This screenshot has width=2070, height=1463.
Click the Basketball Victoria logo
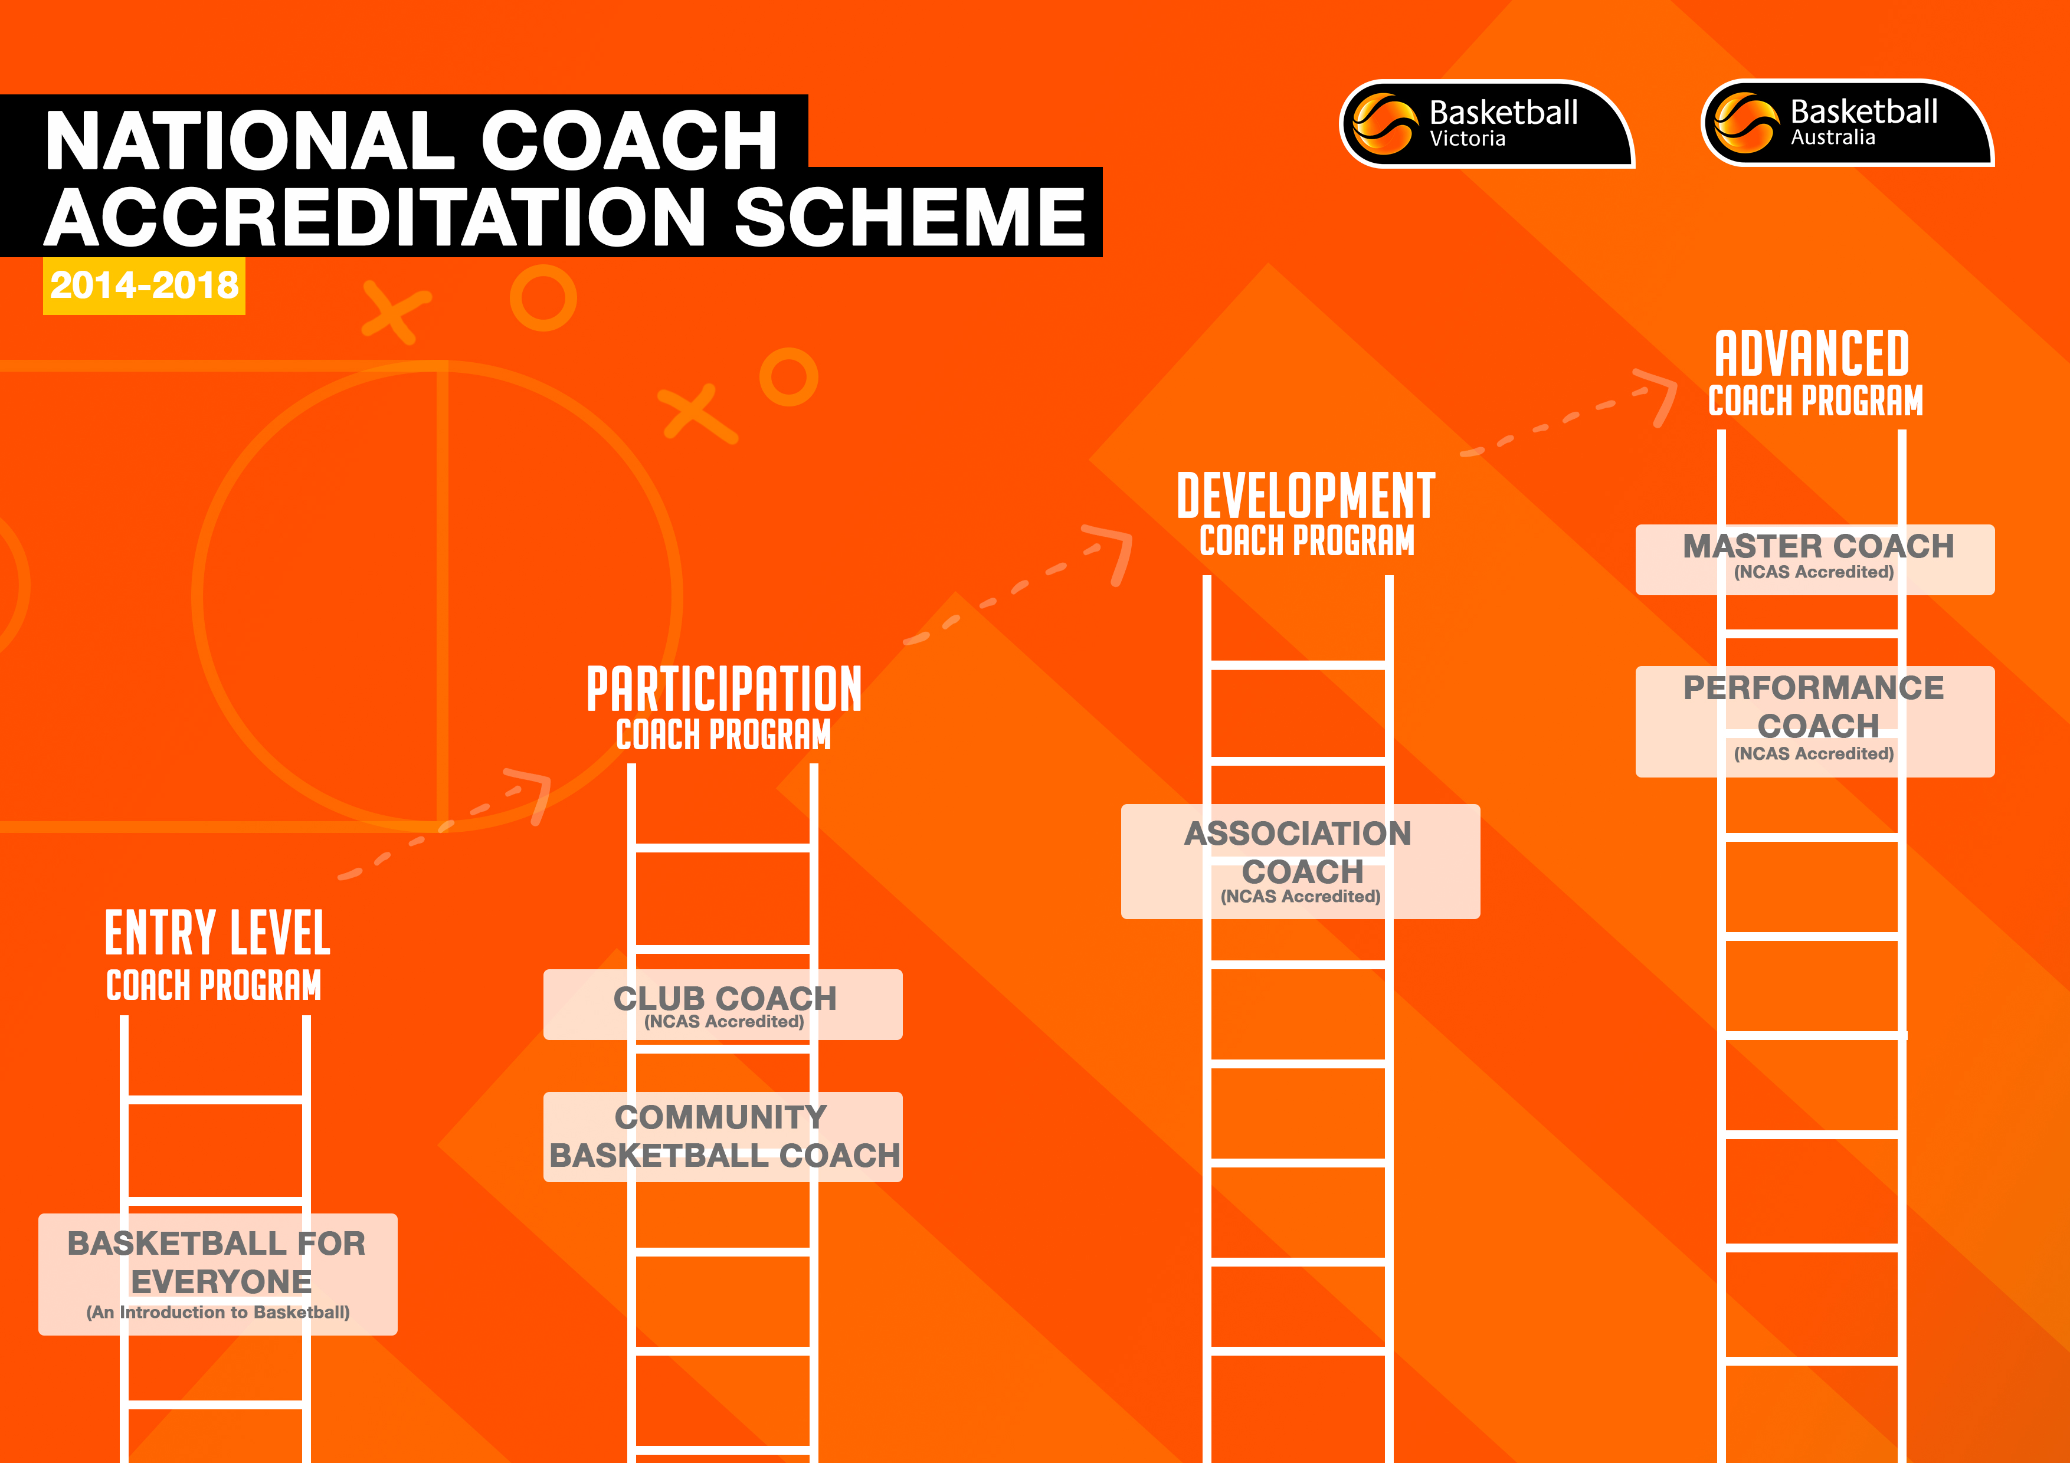click(x=1486, y=123)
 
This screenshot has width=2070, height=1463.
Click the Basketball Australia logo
click(x=1848, y=123)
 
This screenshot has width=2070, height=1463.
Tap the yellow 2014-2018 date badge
click(x=144, y=286)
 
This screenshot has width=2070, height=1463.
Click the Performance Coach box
click(x=1815, y=721)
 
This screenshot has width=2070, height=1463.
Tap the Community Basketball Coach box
click(x=723, y=1137)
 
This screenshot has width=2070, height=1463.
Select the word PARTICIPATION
click(x=724, y=690)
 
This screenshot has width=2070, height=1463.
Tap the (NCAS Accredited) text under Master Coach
click(x=1814, y=572)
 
